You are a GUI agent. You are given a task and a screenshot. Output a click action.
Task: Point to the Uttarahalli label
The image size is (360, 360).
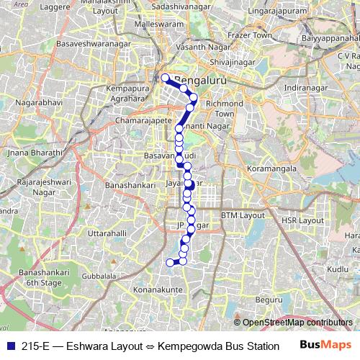click(x=107, y=234)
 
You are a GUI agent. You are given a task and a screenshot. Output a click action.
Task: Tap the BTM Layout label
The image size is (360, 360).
click(x=243, y=215)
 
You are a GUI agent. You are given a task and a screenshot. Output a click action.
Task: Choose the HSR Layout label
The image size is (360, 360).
click(x=302, y=220)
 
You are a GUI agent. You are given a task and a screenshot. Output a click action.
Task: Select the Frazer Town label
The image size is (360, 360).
click(x=252, y=35)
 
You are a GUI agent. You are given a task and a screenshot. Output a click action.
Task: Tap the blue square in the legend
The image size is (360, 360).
click(x=9, y=346)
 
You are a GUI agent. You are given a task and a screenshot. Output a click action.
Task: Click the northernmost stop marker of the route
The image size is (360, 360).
click(x=165, y=78)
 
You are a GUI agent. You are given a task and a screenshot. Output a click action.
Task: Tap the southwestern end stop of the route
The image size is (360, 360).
click(x=171, y=263)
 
